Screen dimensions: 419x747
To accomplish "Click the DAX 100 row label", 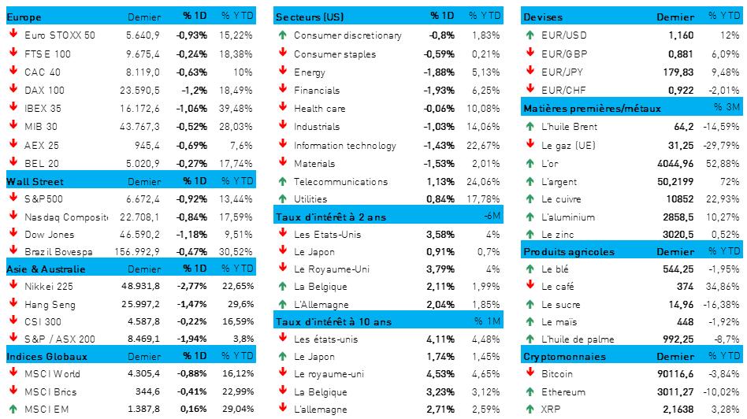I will coord(44,90).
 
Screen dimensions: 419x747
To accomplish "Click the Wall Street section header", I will coord(29,181).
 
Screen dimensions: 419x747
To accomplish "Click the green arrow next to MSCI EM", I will coord(13,410).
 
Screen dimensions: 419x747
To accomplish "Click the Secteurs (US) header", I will coord(309,17).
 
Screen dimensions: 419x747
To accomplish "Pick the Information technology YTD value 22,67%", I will coord(483,145).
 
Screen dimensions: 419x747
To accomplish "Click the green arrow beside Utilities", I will coord(282,198).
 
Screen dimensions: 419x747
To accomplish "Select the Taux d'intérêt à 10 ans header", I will coord(333,321).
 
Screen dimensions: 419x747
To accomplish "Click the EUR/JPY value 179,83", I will coord(678,72).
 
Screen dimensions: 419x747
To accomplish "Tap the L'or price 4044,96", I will coord(674,163).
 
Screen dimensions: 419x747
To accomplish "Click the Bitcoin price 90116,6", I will coord(674,373).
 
